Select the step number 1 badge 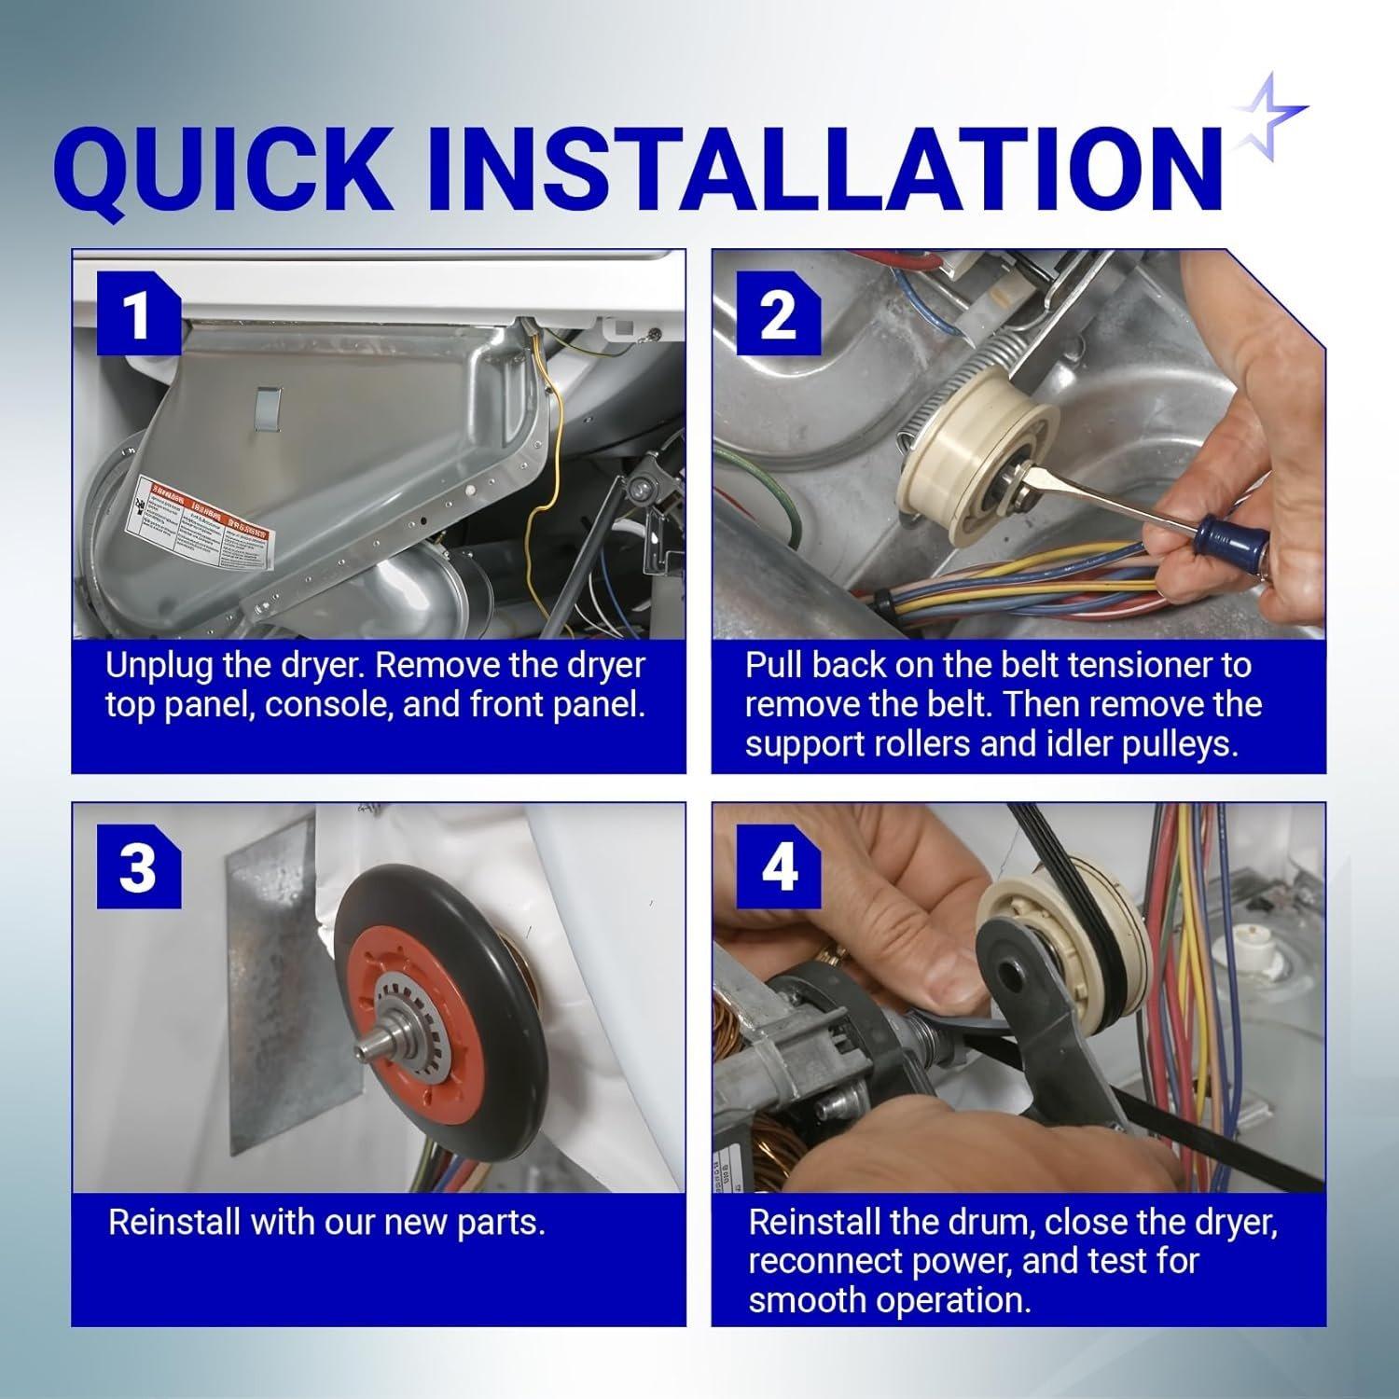coord(138,314)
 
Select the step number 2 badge coord(778,314)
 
